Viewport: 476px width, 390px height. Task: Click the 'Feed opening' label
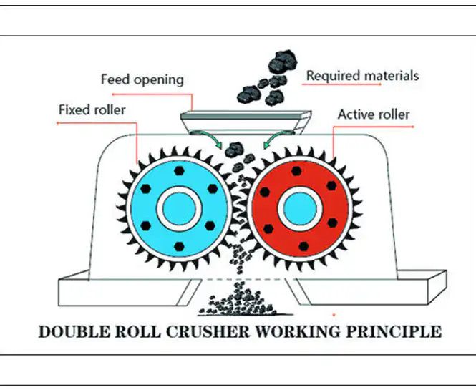[142, 80]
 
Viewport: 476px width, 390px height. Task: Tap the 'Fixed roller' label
[92, 109]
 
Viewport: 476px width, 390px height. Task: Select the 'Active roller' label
[374, 114]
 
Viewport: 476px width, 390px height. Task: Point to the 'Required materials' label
[362, 76]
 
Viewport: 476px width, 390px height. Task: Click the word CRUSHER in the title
[208, 331]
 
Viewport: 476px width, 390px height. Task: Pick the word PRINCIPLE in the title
[394, 331]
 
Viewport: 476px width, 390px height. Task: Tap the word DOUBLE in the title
[74, 331]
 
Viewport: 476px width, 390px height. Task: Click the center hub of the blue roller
[179, 208]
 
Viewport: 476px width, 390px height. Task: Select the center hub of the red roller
[300, 208]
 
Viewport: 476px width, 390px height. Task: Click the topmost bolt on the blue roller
[179, 170]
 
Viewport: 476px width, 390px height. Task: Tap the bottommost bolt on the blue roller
[179, 246]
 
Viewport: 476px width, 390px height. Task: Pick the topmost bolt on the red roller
[296, 171]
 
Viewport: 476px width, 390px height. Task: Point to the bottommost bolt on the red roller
[303, 246]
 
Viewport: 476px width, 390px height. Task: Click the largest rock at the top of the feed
[282, 62]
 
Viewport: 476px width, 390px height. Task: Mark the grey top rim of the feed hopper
[246, 115]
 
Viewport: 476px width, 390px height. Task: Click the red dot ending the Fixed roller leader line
[57, 123]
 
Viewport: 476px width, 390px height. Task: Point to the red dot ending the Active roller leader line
[413, 127]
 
